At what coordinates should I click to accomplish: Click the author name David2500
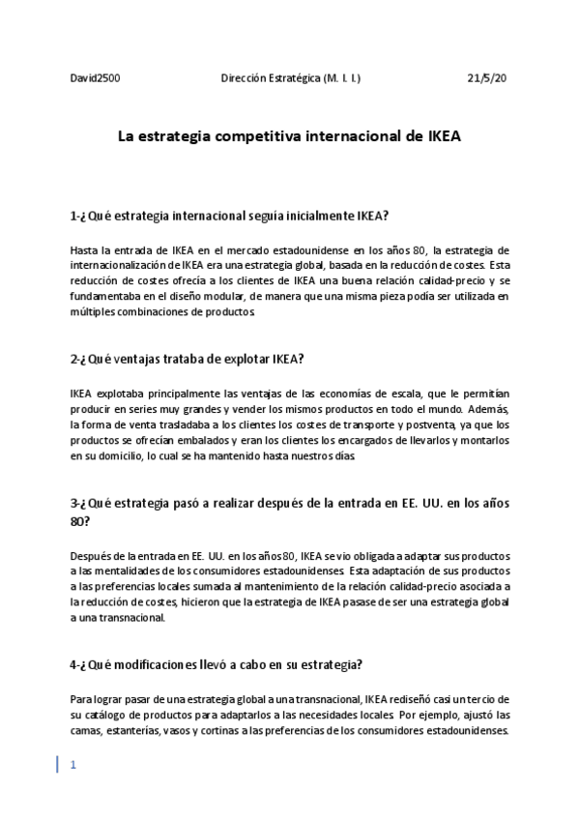tap(96, 76)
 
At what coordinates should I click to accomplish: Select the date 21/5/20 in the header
tap(487, 76)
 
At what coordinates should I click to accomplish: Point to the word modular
tap(229, 297)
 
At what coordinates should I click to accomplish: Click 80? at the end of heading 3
tap(80, 520)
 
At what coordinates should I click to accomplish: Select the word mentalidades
tap(136, 572)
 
